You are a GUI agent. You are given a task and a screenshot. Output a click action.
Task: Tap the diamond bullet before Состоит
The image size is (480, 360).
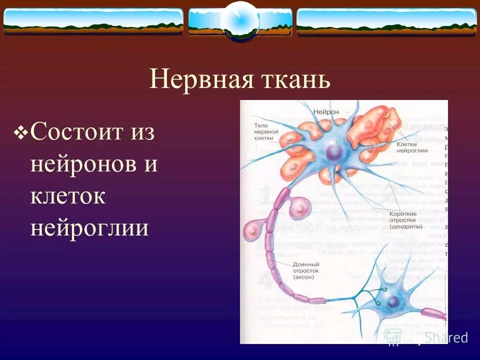point(21,132)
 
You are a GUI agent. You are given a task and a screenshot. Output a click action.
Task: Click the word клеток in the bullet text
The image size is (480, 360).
point(67,196)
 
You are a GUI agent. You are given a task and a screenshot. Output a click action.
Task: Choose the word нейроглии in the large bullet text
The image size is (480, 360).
point(89,228)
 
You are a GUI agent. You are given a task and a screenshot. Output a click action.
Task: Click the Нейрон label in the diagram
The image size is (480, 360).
point(326,112)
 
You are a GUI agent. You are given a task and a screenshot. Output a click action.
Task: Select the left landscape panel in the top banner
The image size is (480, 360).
point(93,21)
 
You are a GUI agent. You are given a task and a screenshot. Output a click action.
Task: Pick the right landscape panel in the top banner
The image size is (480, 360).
point(386,21)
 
